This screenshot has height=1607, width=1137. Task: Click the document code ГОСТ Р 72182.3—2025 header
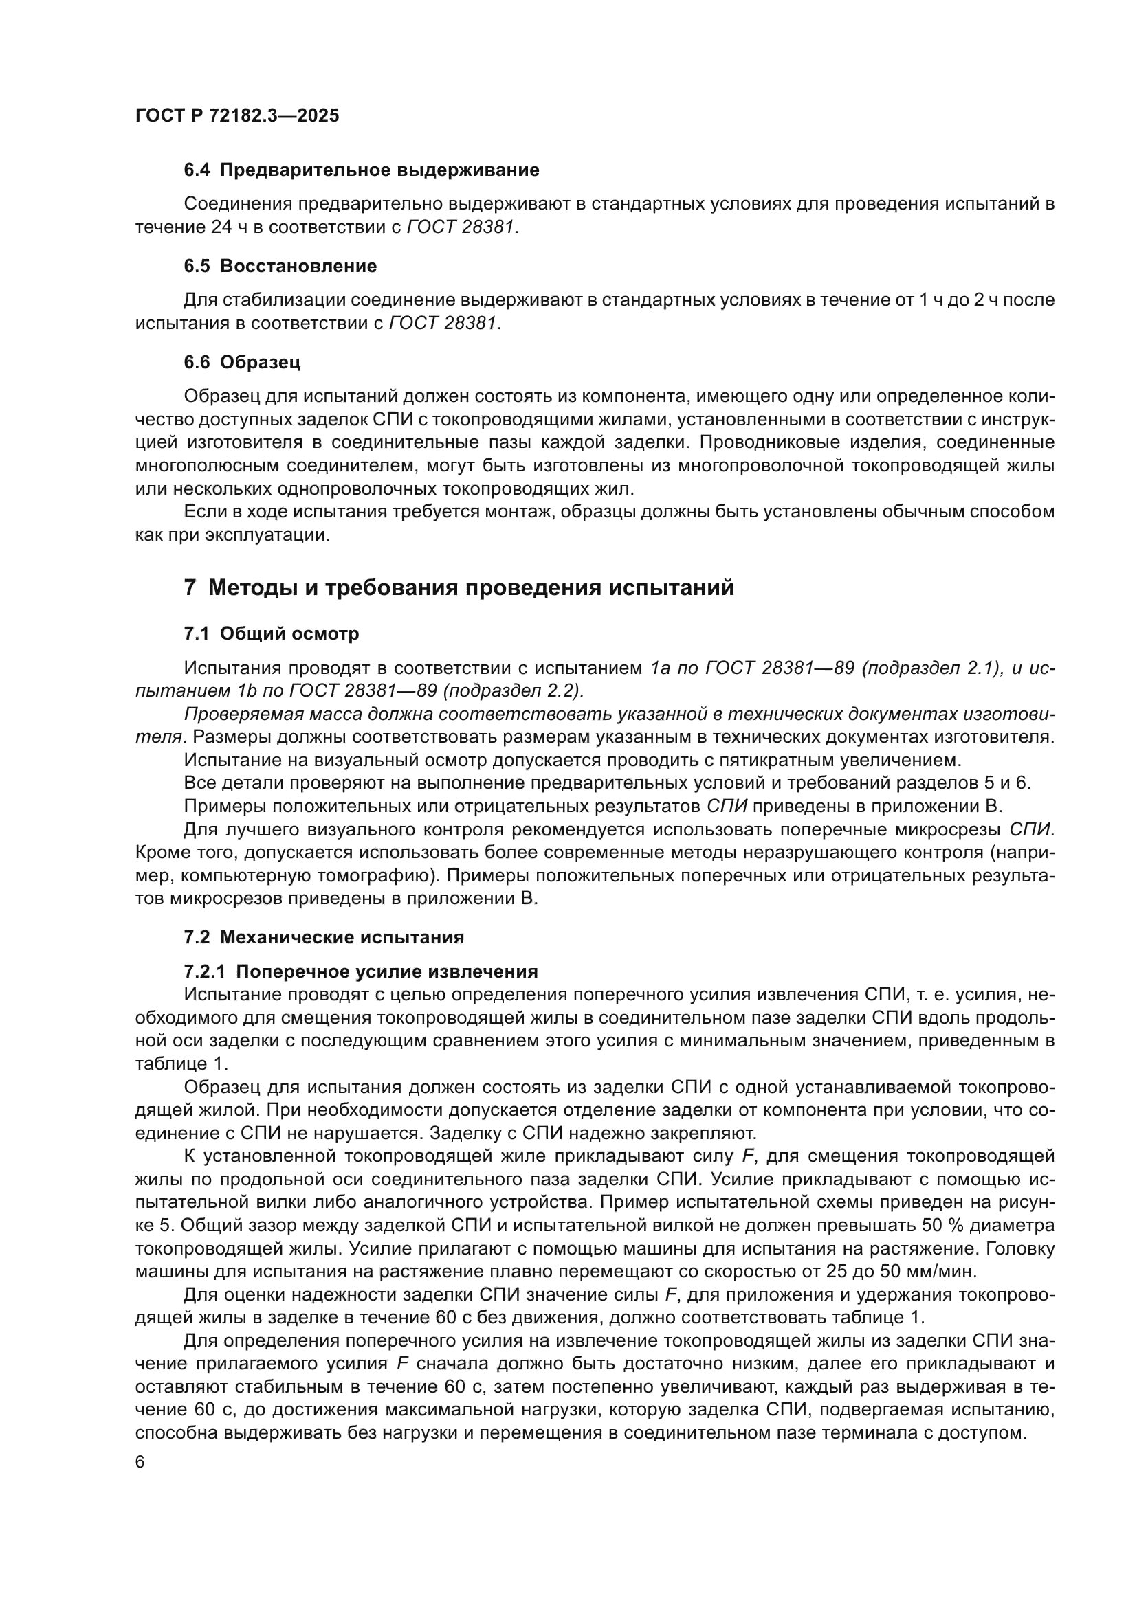(x=236, y=115)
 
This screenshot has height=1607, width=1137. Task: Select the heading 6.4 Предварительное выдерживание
(x=362, y=170)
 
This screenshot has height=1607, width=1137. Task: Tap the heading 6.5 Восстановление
(x=280, y=266)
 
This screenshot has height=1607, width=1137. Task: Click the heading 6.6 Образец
(x=242, y=362)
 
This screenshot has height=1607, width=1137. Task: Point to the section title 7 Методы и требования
(x=459, y=587)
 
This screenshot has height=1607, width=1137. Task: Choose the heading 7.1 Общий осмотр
(x=271, y=633)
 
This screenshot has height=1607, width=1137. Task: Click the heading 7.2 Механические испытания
(x=324, y=936)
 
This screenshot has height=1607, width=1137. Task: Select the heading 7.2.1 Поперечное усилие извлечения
(x=361, y=971)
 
